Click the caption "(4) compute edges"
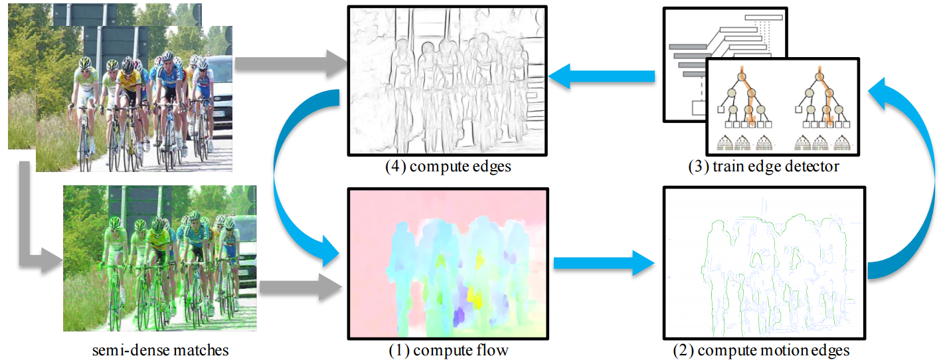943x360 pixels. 448,167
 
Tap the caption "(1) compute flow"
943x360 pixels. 448,350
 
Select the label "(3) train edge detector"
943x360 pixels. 763,167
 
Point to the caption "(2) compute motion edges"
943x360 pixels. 761,350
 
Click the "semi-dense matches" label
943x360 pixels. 161,350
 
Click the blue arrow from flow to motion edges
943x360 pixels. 604,263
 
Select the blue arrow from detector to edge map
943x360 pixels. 601,76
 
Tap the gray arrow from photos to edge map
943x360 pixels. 290,64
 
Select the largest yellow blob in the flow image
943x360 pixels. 475,297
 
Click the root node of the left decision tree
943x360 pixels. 742,77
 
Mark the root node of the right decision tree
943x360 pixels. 819,77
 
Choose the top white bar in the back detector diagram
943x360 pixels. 764,17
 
